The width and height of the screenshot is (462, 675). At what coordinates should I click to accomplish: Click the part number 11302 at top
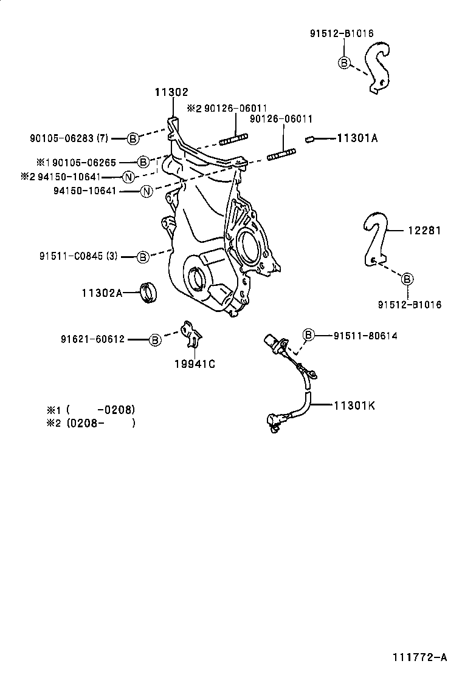click(x=171, y=92)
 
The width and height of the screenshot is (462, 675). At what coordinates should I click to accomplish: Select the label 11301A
click(x=357, y=138)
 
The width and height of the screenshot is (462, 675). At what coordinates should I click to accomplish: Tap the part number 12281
click(x=424, y=231)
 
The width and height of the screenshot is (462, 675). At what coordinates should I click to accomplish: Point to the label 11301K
click(x=354, y=405)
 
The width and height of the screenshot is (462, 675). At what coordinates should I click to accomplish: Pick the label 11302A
click(x=102, y=293)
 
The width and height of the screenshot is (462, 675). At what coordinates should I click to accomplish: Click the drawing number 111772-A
click(x=419, y=657)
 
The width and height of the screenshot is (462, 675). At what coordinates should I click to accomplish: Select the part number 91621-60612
click(x=92, y=339)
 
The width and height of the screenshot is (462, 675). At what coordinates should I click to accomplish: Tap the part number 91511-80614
click(x=365, y=335)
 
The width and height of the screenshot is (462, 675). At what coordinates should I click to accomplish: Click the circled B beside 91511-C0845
click(x=142, y=257)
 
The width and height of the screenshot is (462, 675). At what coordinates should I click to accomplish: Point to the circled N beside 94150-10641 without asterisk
click(x=146, y=192)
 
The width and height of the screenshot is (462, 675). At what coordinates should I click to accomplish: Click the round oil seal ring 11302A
click(x=149, y=291)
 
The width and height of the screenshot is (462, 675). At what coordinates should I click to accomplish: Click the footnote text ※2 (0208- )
click(x=91, y=422)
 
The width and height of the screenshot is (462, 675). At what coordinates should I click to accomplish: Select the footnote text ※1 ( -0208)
click(x=91, y=409)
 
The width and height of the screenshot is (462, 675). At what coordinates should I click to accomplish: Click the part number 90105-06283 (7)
click(x=69, y=138)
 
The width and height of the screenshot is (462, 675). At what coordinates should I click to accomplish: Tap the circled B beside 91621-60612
click(x=155, y=339)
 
